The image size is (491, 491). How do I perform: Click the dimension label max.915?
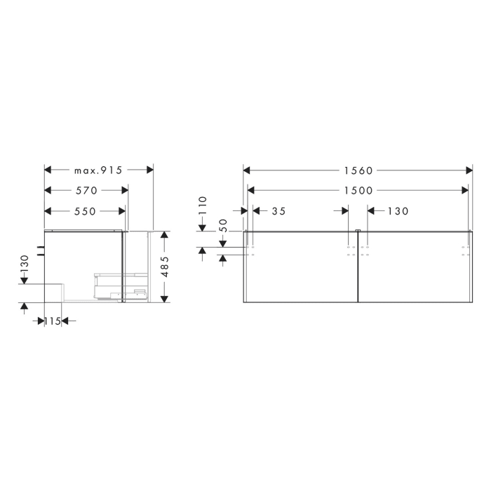(98, 170)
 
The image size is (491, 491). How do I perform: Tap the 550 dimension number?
(86, 210)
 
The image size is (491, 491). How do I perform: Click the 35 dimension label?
(278, 210)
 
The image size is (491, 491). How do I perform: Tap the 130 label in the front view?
(397, 210)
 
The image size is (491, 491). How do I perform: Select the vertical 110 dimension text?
(202, 205)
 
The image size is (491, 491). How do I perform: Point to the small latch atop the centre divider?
(358, 230)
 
